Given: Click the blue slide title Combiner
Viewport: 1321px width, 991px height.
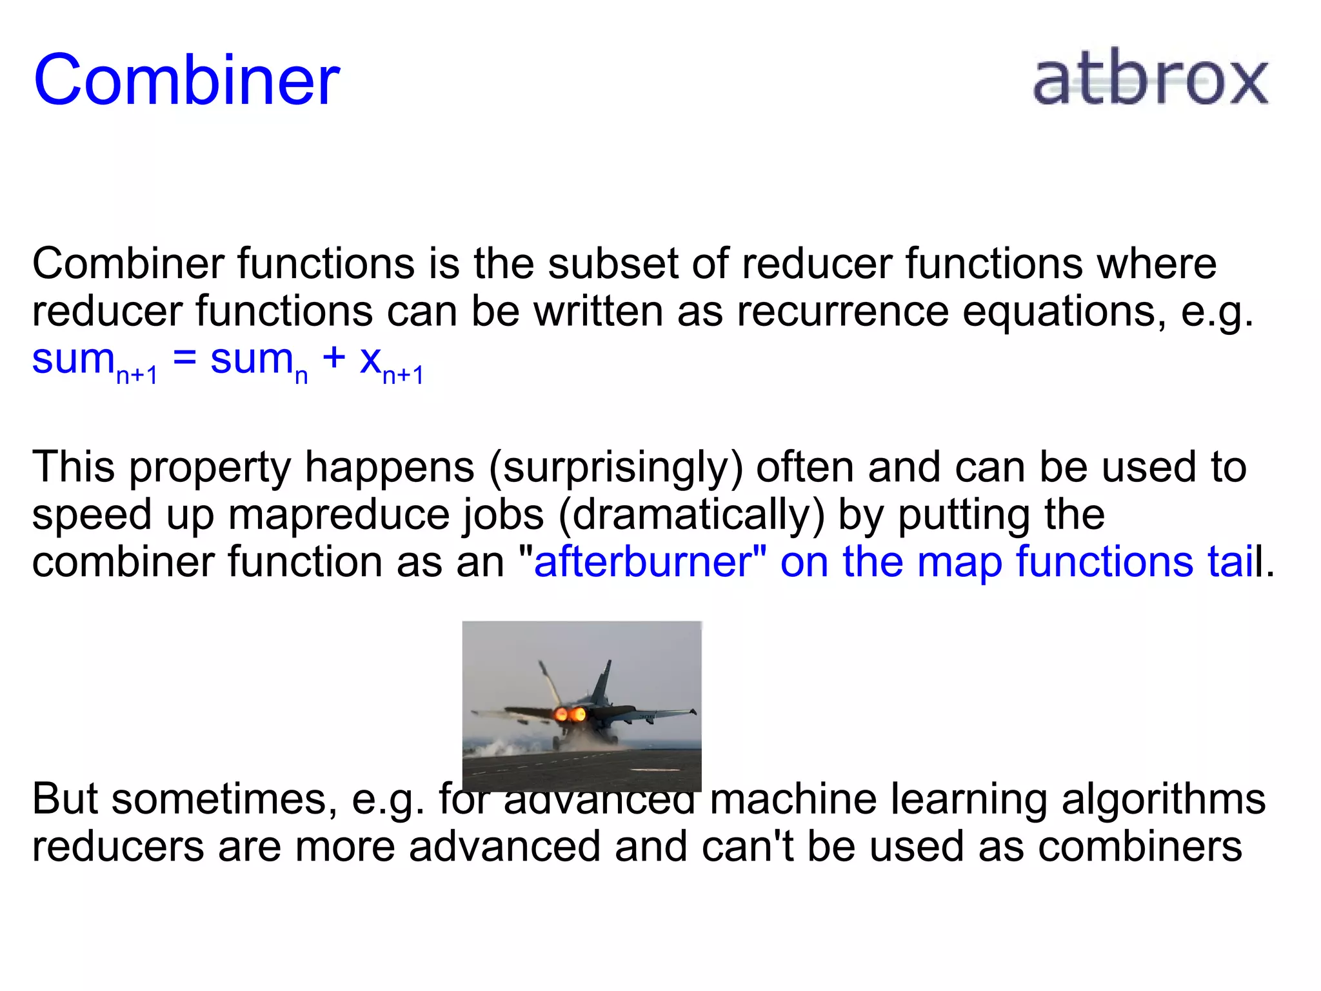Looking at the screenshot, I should pyautogui.click(x=186, y=80).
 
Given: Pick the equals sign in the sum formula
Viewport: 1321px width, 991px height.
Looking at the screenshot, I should pyautogui.click(x=184, y=359).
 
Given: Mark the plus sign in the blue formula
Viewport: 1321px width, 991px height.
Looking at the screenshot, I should pyautogui.click(x=334, y=359).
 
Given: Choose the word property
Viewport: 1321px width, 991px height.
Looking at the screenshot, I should pyautogui.click(x=210, y=468).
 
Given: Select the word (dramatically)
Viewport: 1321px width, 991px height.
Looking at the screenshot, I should pyautogui.click(x=691, y=515).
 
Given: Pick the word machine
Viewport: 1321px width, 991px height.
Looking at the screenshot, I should pyautogui.click(x=793, y=799).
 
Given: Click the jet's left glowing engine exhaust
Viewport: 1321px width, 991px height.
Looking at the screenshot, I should pyautogui.click(x=560, y=714).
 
